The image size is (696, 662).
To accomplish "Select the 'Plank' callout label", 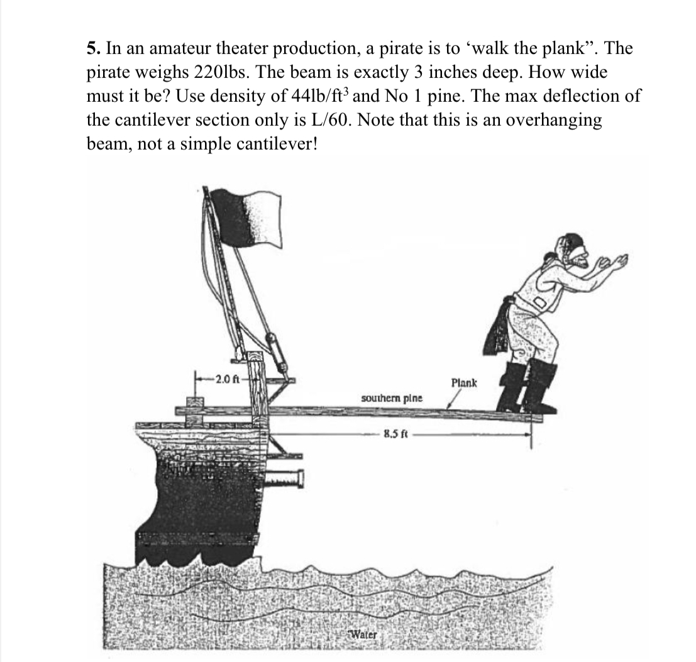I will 465,382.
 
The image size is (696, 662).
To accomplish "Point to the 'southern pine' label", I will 392,399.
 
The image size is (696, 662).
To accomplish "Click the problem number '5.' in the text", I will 92,48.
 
